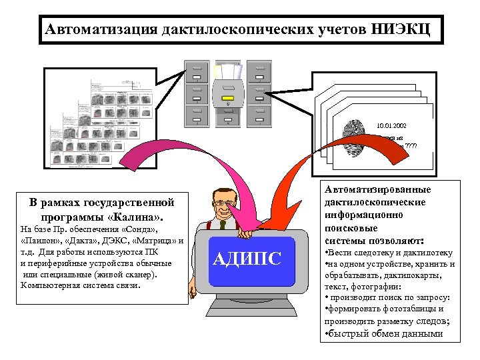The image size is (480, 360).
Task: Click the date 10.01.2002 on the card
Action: point(391,125)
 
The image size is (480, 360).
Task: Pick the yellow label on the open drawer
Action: point(228,103)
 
